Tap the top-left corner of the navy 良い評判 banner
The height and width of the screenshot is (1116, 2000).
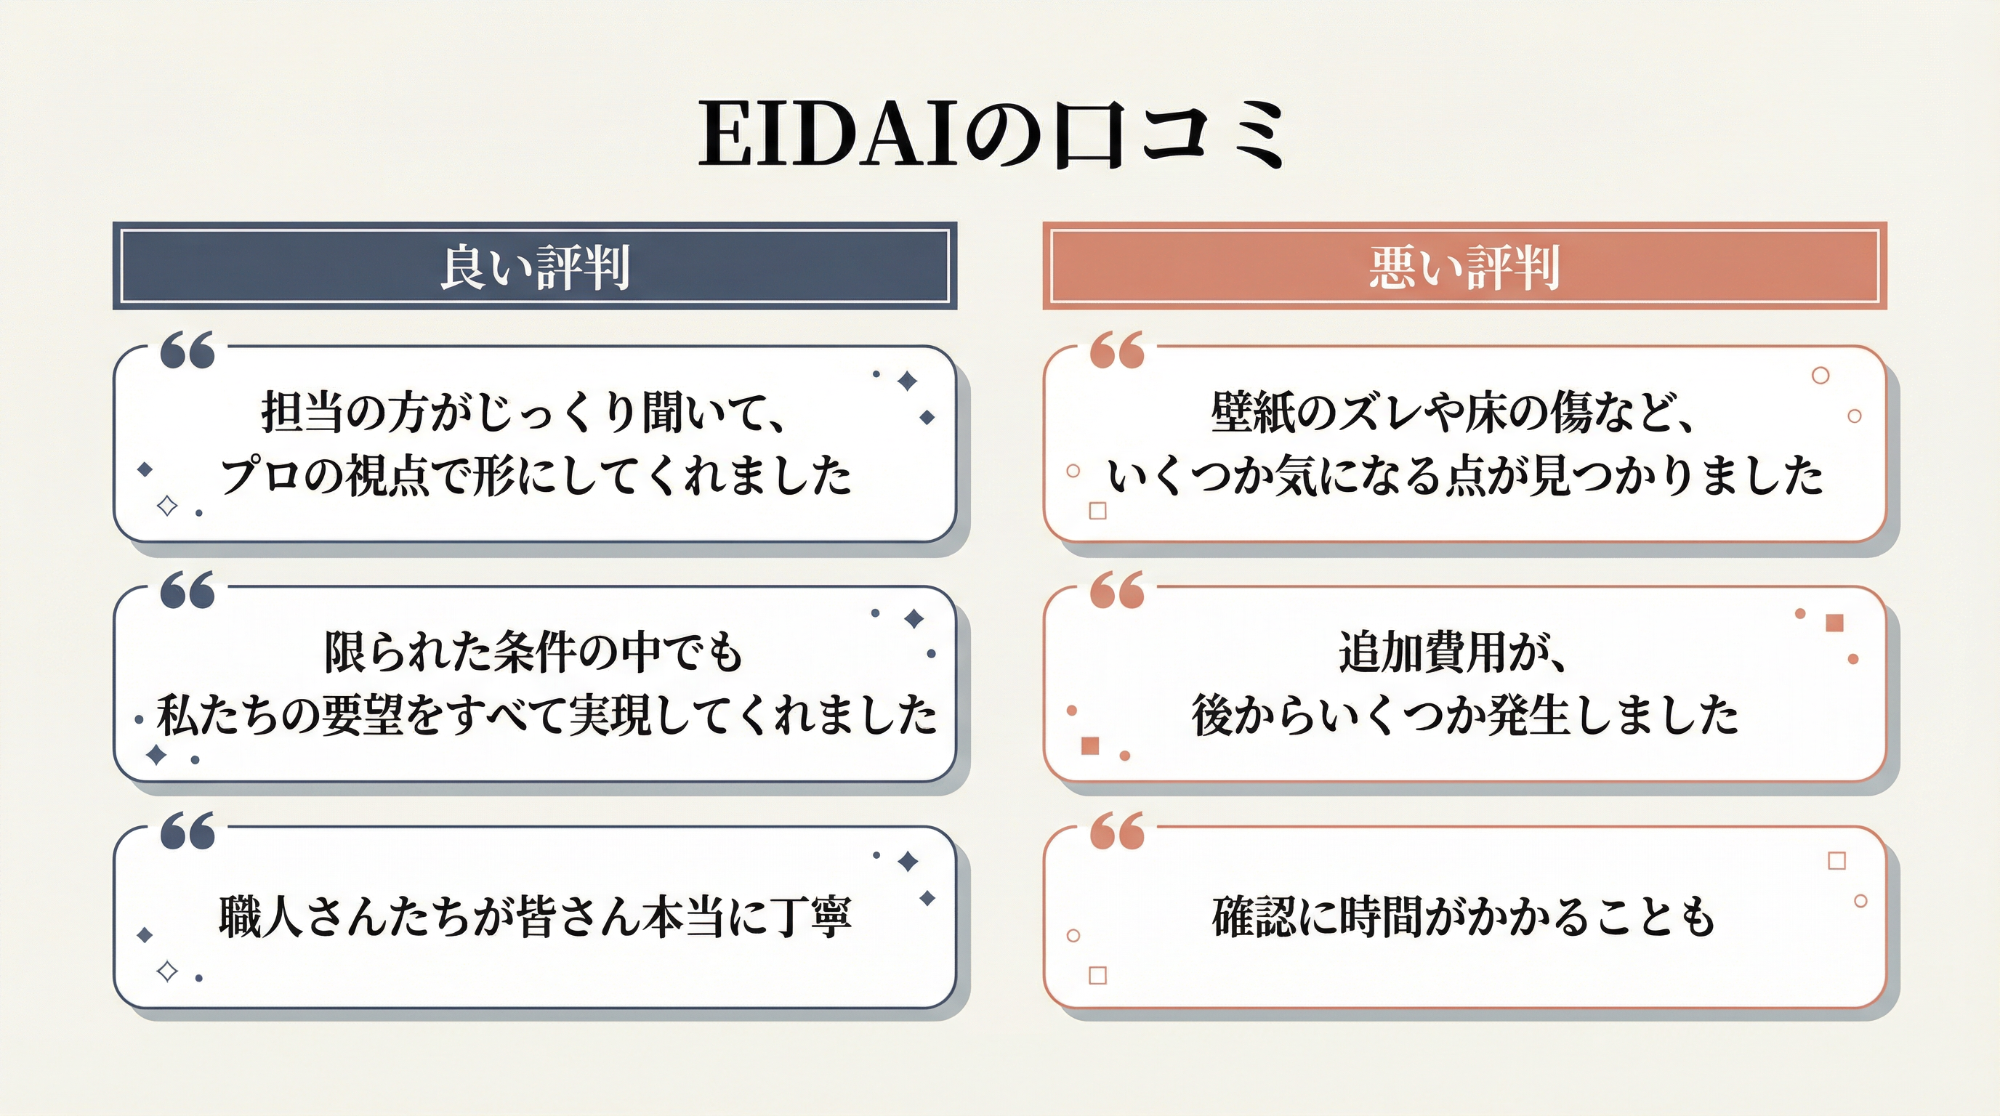click(x=113, y=223)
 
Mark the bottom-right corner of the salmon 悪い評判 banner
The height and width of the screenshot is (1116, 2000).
click(x=1887, y=310)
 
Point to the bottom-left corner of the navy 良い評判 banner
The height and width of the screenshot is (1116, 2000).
click(x=113, y=310)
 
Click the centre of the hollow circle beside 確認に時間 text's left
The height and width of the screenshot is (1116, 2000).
click(x=1073, y=936)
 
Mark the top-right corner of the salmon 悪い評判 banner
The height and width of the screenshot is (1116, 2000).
click(x=1887, y=223)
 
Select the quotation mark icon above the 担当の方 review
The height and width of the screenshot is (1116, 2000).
click(x=187, y=350)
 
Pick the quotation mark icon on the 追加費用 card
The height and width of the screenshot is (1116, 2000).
click(x=1117, y=590)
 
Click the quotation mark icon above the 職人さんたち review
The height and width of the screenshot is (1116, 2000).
click(x=187, y=830)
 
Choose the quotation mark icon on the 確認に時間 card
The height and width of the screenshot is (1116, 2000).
click(x=1117, y=830)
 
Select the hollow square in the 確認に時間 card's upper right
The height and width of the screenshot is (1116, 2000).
click(x=1837, y=861)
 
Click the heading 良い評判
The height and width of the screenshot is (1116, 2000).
click(x=535, y=268)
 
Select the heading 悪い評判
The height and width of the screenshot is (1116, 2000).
click(x=1464, y=268)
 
